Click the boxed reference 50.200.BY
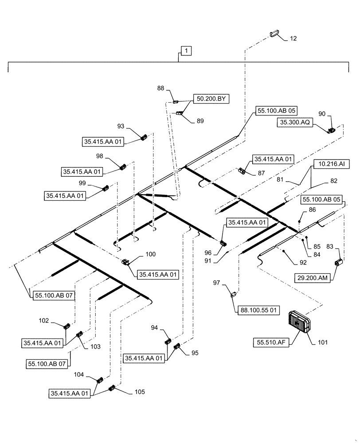point(210,99)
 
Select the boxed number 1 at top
point(186,51)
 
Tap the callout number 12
point(293,39)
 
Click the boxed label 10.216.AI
point(329,164)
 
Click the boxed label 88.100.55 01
point(259,311)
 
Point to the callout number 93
point(121,127)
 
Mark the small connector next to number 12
point(274,34)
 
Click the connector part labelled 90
point(332,130)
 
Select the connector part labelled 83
point(339,263)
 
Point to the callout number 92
point(303,262)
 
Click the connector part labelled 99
point(106,188)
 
